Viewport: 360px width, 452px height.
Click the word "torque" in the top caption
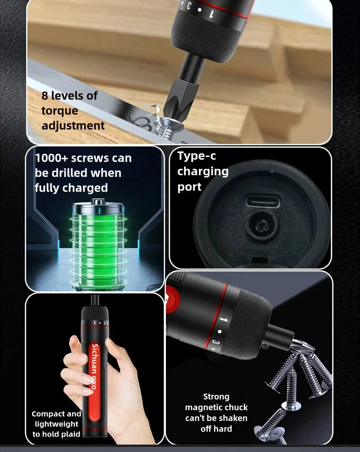pyautogui.click(x=60, y=111)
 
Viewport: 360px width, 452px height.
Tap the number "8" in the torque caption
pyautogui.click(x=45, y=96)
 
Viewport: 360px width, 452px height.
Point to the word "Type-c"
pyautogui.click(x=196, y=156)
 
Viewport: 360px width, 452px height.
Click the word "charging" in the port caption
pyautogui.click(x=203, y=171)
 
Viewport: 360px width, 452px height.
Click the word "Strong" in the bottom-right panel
pyautogui.click(x=216, y=397)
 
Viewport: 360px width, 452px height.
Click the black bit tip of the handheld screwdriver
pyautogui.click(x=95, y=300)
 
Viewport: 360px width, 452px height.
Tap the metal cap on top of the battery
pyautogui.click(x=98, y=202)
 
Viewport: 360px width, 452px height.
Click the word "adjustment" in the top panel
pyautogui.click(x=73, y=125)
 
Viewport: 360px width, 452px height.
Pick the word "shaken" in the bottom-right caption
pyautogui.click(x=231, y=418)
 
